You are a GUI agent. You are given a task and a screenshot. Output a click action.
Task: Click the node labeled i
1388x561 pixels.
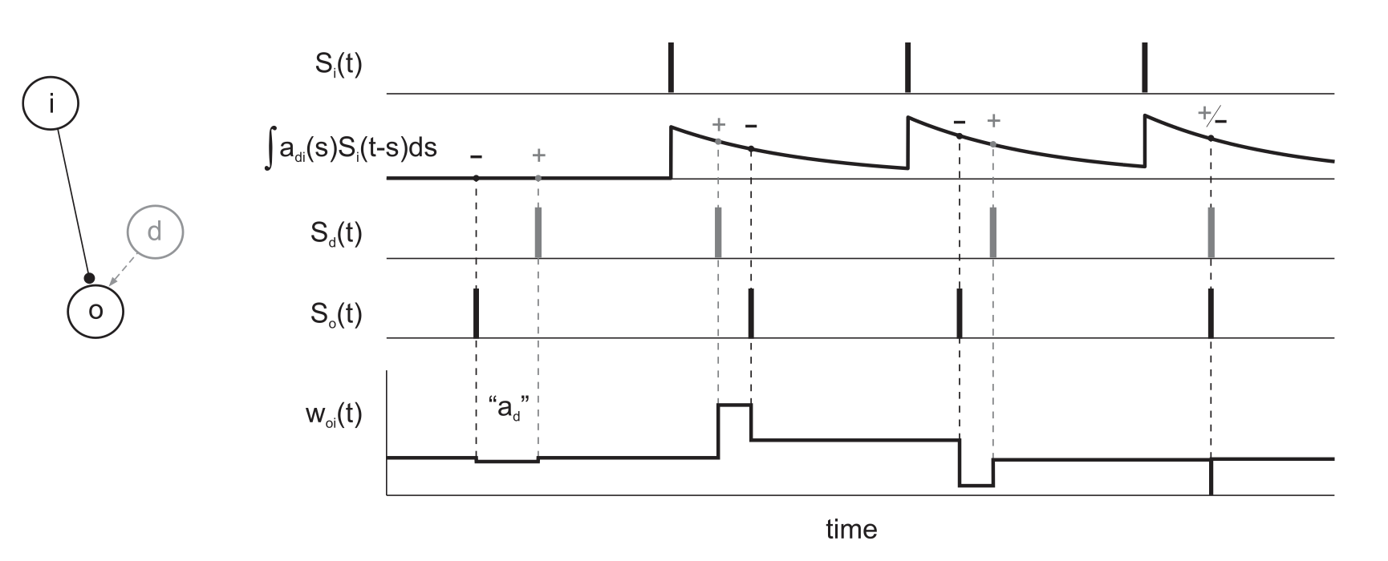click(51, 103)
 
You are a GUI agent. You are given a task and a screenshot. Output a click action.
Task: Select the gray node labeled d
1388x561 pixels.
click(155, 232)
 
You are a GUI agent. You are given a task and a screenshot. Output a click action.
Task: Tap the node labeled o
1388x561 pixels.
click(95, 310)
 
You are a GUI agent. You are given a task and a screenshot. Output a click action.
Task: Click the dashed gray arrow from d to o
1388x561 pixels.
click(123, 271)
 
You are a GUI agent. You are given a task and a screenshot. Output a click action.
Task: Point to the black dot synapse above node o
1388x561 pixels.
click(89, 279)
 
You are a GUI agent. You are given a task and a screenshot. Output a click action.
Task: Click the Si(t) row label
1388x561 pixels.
click(338, 64)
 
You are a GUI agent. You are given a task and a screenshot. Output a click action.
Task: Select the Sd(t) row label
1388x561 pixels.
click(336, 233)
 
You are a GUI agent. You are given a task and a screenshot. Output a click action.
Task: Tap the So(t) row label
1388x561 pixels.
click(336, 314)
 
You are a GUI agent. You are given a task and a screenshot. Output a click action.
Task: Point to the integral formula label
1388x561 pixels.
click(351, 150)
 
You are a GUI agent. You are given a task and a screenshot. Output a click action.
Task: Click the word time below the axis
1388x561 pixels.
click(851, 530)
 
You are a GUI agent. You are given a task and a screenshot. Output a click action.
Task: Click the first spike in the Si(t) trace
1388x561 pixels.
click(671, 68)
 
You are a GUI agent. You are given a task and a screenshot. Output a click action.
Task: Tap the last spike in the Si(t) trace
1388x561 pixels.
click(1144, 68)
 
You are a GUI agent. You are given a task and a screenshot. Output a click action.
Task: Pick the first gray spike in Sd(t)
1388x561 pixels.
click(538, 232)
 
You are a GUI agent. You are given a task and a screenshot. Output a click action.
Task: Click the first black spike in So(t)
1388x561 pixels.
click(476, 313)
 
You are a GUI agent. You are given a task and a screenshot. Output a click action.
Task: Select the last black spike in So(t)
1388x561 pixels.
click(1211, 313)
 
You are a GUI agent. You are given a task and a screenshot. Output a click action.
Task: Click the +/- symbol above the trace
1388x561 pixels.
click(1211, 117)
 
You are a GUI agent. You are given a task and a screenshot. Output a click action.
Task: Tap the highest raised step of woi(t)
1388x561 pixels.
click(734, 406)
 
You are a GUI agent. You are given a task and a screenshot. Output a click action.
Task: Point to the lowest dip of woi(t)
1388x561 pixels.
click(976, 485)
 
